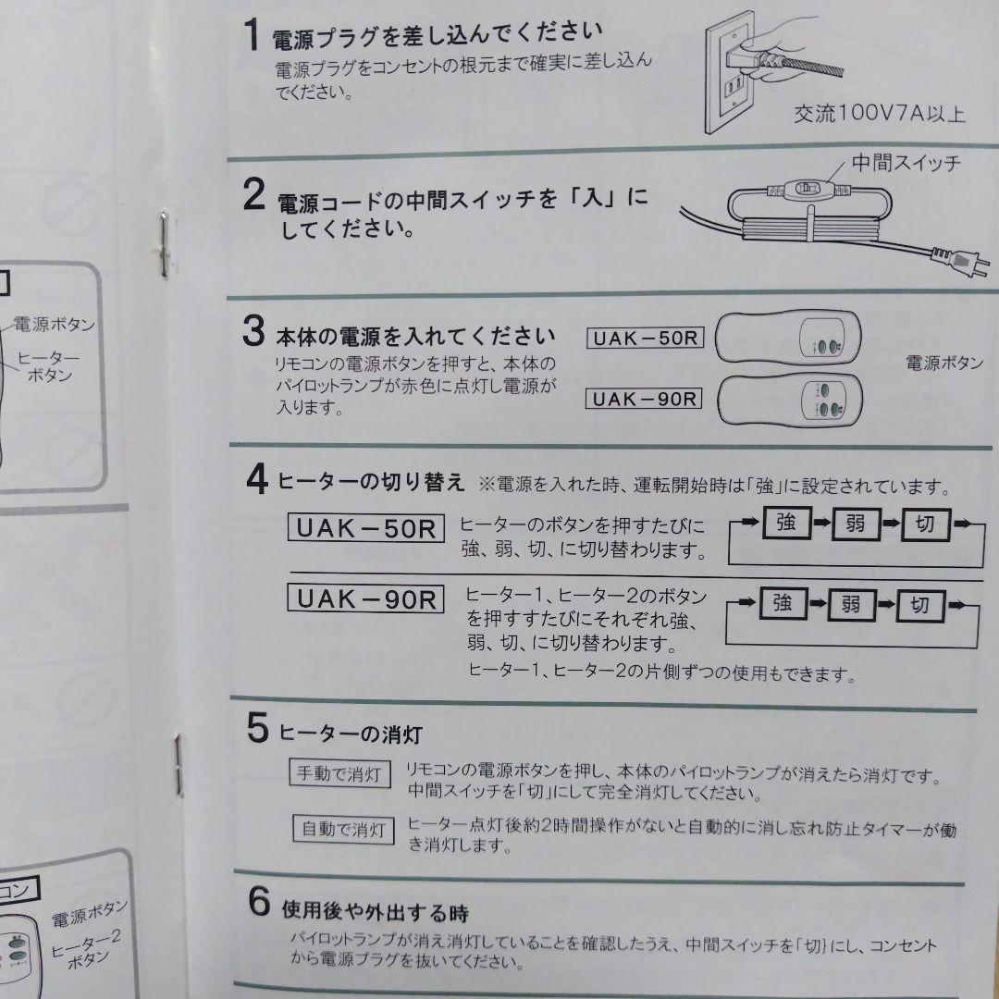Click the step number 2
(253, 195)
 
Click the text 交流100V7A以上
(879, 114)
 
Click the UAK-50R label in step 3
(645, 338)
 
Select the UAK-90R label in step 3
(645, 399)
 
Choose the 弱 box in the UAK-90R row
(851, 606)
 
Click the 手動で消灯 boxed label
(340, 774)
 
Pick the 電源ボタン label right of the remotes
(943, 364)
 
